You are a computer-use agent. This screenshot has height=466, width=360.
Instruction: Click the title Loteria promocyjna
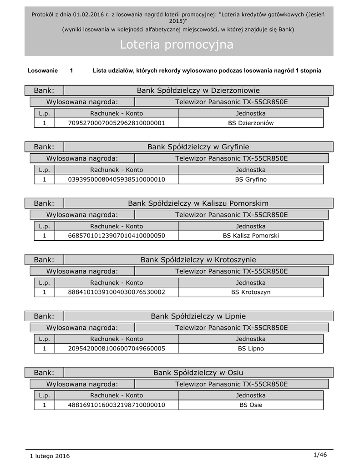click(177, 45)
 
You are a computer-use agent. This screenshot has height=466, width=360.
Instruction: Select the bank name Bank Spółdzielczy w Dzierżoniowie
click(198, 91)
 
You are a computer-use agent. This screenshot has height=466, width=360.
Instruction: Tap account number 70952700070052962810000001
click(116, 123)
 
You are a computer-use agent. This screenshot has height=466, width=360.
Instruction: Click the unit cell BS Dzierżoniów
click(251, 123)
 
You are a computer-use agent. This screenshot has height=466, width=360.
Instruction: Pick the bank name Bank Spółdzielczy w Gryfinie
click(198, 147)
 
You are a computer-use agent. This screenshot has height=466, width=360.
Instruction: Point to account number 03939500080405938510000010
click(116, 179)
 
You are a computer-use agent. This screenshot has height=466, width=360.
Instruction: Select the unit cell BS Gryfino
click(251, 179)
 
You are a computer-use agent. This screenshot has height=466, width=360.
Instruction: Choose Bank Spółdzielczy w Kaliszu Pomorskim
click(198, 203)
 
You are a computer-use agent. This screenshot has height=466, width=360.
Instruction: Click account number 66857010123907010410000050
click(116, 236)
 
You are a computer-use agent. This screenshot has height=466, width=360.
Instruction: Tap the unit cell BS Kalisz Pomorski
click(251, 236)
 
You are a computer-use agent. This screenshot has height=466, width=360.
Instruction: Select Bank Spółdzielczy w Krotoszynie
click(198, 260)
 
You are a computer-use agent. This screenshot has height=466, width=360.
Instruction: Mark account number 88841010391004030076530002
click(116, 292)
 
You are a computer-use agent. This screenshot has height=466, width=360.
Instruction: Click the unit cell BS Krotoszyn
click(251, 292)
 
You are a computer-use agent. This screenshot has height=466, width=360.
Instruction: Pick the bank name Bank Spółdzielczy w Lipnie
click(198, 316)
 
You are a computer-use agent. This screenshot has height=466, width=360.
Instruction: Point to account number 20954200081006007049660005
click(116, 349)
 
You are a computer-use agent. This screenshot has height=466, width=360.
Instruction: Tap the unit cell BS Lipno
click(251, 349)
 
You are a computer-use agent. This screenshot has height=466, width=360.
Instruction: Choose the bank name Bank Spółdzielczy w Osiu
click(198, 373)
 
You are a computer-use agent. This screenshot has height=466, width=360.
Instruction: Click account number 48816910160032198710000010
click(116, 405)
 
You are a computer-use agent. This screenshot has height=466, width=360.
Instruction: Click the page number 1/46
click(320, 455)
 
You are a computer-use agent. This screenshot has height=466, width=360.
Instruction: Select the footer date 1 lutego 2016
click(50, 456)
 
